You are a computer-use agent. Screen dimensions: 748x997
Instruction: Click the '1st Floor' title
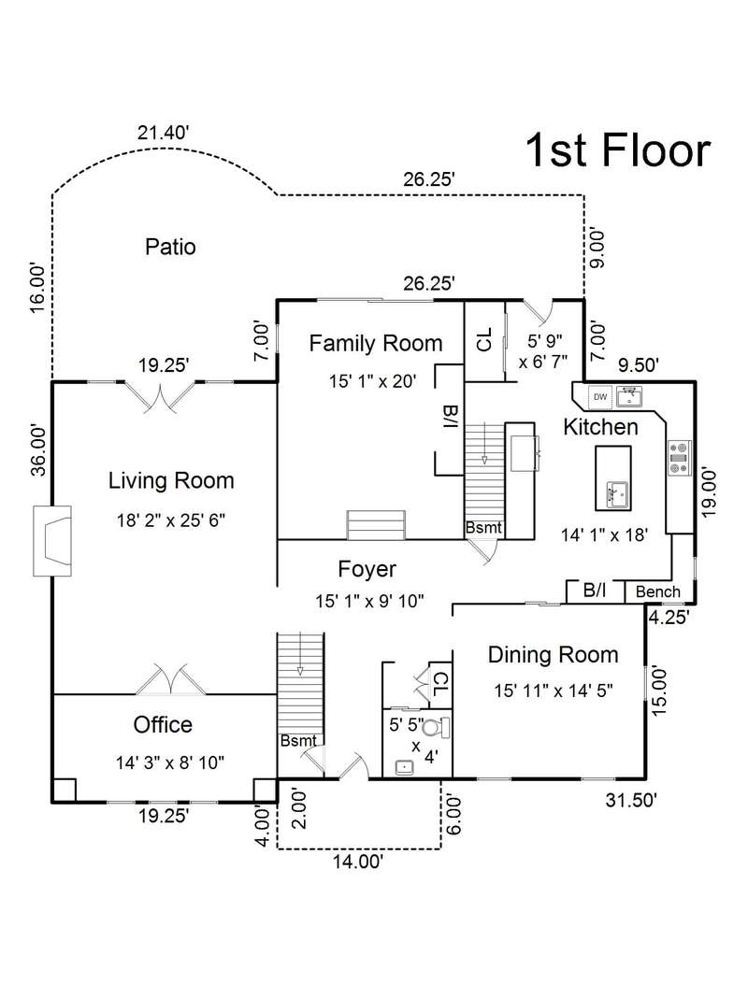(x=618, y=150)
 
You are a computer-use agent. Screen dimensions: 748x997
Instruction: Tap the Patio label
(x=170, y=247)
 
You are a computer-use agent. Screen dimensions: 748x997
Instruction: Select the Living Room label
(x=171, y=480)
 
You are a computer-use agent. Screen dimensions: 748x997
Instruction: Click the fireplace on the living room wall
(x=52, y=540)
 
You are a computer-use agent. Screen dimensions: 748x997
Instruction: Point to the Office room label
(x=163, y=724)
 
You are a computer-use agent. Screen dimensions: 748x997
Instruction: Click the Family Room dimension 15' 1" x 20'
(x=373, y=381)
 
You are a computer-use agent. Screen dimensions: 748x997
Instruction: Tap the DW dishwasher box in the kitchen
(x=600, y=397)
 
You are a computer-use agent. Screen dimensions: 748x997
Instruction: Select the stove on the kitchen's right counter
(x=679, y=458)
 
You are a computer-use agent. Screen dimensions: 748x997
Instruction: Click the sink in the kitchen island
(x=616, y=495)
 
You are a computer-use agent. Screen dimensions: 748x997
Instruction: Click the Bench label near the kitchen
(x=657, y=592)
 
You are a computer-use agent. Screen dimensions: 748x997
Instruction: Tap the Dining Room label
(x=553, y=654)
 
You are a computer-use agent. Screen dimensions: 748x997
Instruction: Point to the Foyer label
(x=367, y=569)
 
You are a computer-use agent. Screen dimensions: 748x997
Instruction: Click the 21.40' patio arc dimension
(x=164, y=133)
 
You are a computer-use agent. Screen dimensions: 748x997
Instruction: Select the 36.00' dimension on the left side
(x=37, y=450)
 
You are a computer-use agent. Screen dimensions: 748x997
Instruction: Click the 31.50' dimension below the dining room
(x=631, y=800)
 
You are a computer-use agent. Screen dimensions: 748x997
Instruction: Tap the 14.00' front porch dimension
(x=358, y=862)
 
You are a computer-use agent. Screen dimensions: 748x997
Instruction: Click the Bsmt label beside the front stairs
(x=298, y=741)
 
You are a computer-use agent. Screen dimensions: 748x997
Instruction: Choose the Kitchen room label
(x=600, y=427)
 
